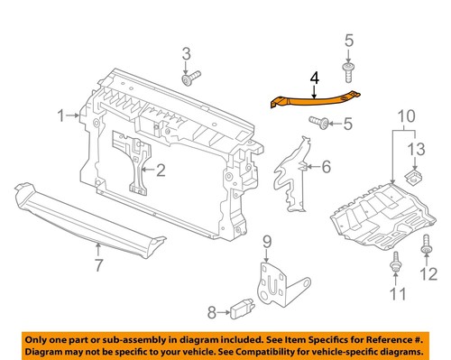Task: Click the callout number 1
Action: (61, 115)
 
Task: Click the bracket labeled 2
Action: (133, 162)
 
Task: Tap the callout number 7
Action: (97, 265)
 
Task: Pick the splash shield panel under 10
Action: (379, 217)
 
